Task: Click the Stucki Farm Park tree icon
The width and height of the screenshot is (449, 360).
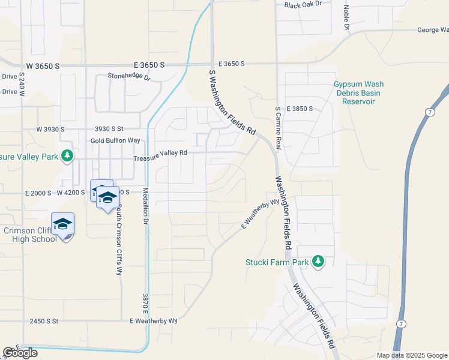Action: pyautogui.click(x=318, y=262)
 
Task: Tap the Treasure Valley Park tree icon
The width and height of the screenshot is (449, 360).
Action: pyautogui.click(x=67, y=156)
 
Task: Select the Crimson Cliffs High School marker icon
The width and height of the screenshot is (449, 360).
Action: pyautogui.click(x=62, y=224)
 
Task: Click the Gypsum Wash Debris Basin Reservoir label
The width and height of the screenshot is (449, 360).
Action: pyautogui.click(x=359, y=93)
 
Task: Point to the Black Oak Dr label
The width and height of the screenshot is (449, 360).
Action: pyautogui.click(x=303, y=5)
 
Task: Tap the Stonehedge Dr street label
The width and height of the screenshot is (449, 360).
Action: pyautogui.click(x=128, y=76)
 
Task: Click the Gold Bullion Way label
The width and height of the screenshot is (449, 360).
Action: pyautogui.click(x=115, y=140)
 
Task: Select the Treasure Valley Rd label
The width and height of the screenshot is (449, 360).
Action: pyautogui.click(x=160, y=153)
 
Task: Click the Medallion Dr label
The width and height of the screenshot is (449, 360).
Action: pyautogui.click(x=145, y=206)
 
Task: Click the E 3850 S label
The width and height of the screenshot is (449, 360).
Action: pyautogui.click(x=300, y=109)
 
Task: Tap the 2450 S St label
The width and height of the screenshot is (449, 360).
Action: pyautogui.click(x=44, y=322)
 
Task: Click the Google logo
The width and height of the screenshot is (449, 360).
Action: pyautogui.click(x=20, y=353)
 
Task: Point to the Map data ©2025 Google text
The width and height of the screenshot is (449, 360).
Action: pyautogui.click(x=411, y=355)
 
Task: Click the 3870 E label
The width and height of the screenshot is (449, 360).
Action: pyautogui.click(x=145, y=306)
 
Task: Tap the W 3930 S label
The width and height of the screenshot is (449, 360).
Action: pyautogui.click(x=50, y=129)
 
